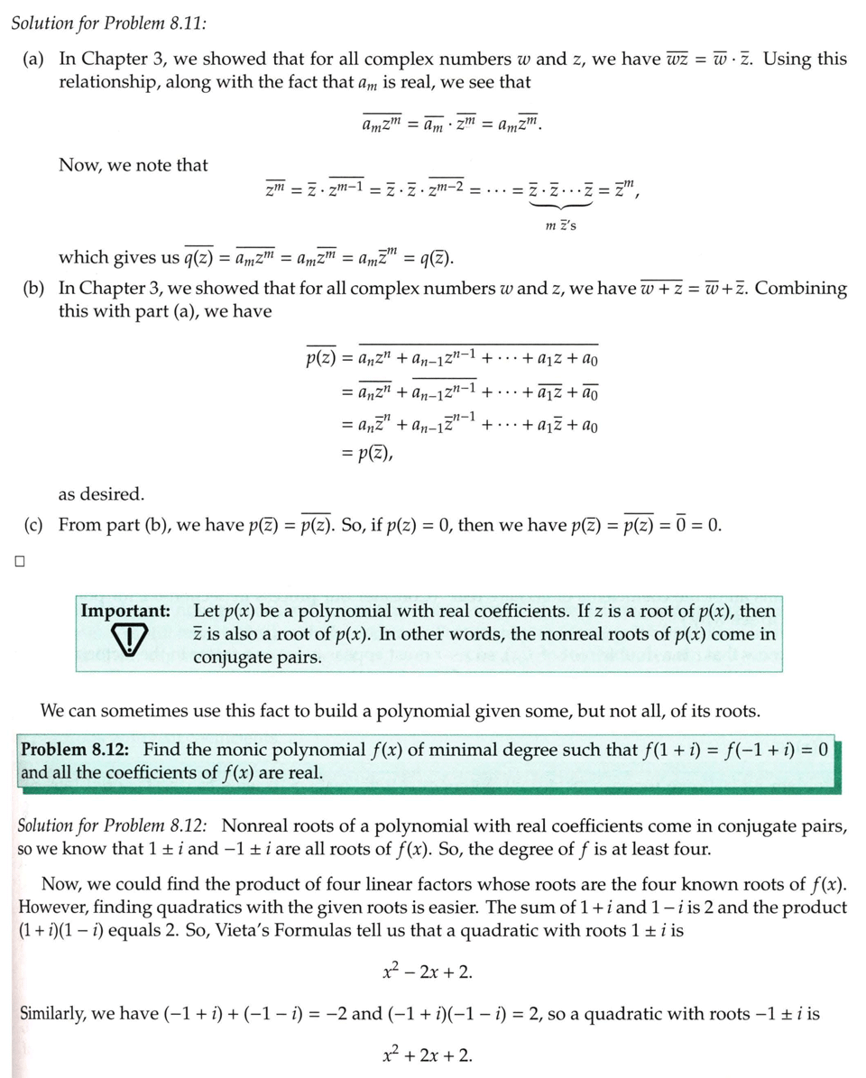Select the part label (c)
36,525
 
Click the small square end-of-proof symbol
18,562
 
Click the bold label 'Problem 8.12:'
76,749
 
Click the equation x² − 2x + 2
428,972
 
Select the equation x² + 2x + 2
428,1055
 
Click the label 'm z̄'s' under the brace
561,226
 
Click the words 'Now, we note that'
133,165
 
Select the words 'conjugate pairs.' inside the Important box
257,657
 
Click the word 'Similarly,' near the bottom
57,1014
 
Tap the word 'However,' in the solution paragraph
51,907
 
